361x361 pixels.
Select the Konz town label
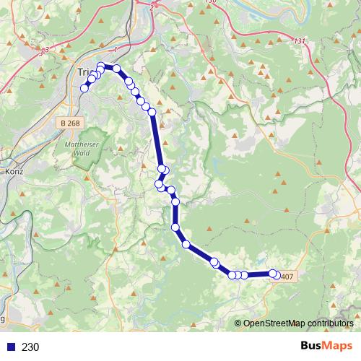click(x=14, y=173)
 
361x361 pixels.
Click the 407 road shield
click(x=287, y=277)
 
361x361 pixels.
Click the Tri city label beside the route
click(x=84, y=71)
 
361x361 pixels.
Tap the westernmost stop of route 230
click(x=84, y=89)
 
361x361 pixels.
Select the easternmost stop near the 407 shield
click(x=274, y=274)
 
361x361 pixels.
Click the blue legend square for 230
click(x=9, y=347)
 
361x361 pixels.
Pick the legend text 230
click(x=31, y=347)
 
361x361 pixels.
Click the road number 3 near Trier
click(x=43, y=51)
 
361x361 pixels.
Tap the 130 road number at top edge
click(x=210, y=2)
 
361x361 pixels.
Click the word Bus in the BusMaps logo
click(x=311, y=346)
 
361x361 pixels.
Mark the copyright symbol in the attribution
click(x=239, y=323)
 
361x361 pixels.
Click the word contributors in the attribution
click(x=329, y=323)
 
